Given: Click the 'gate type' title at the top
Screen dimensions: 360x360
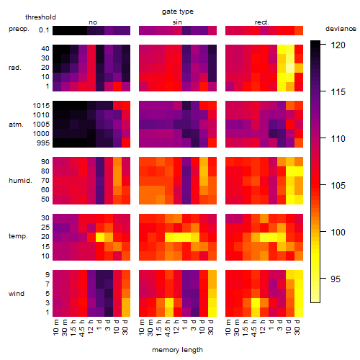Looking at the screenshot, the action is [x=178, y=12].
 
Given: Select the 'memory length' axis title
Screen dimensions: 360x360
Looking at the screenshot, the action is [x=177, y=350].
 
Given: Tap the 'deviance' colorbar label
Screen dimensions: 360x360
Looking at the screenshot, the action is [x=341, y=29].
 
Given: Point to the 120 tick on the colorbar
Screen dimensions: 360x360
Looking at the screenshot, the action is [x=338, y=45].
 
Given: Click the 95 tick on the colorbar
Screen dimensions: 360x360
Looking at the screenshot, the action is [x=336, y=279].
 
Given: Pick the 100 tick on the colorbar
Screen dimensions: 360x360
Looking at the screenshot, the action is [x=338, y=232].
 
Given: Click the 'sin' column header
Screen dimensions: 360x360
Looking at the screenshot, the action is [x=177, y=22].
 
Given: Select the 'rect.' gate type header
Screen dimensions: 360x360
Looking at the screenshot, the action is [x=261, y=22].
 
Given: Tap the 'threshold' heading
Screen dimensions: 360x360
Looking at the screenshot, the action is [x=40, y=17].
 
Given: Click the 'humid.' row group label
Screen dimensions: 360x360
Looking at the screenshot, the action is [x=20, y=181].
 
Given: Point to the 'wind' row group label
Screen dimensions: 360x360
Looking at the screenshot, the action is [x=17, y=294].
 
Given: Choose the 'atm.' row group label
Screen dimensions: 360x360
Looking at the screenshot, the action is [x=16, y=125].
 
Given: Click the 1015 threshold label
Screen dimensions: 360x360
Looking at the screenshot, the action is [x=41, y=106].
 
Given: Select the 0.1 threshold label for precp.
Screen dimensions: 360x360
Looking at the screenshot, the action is [x=44, y=30].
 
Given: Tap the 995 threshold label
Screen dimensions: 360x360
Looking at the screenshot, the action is [x=43, y=143].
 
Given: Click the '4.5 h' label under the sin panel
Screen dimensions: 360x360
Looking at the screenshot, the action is [x=168, y=328].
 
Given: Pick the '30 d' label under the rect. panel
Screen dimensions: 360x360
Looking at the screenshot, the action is [x=297, y=327].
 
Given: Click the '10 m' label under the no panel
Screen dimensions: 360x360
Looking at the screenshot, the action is [x=55, y=328].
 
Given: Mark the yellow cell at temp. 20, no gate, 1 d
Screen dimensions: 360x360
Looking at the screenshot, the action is [x=100, y=238].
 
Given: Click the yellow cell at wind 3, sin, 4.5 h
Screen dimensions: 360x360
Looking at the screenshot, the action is [x=169, y=302].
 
